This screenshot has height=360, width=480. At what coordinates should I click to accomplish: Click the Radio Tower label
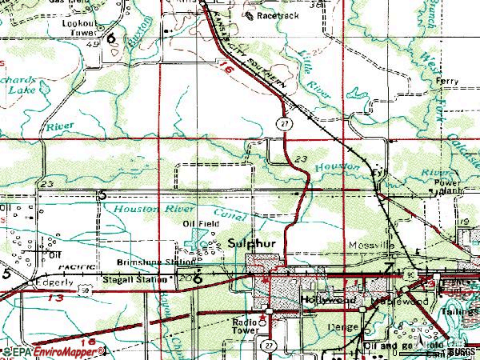[246, 326]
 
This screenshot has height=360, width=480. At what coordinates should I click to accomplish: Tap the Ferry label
[446, 82]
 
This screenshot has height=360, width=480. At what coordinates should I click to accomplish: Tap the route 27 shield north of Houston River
[283, 123]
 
